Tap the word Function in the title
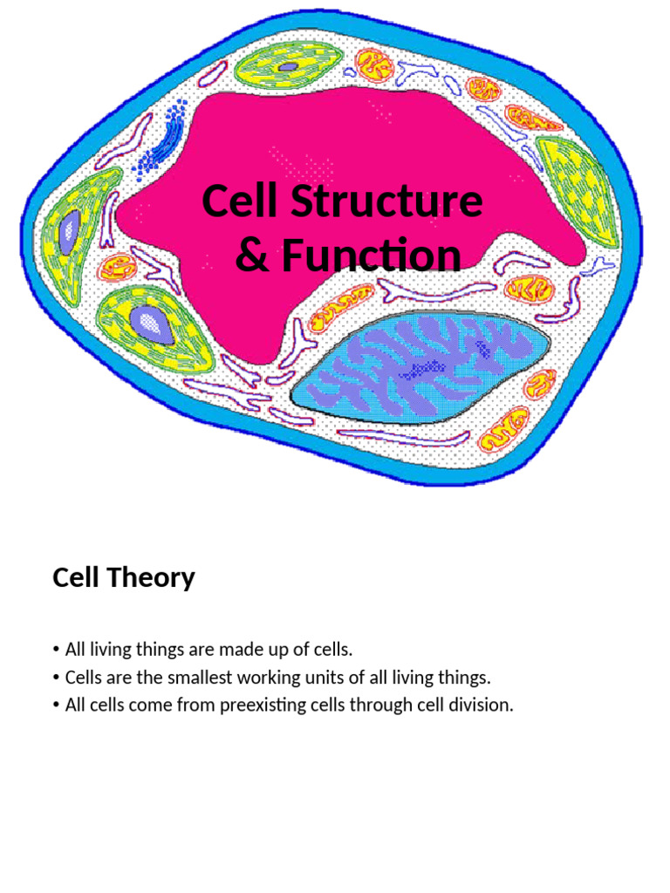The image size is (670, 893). click(x=367, y=256)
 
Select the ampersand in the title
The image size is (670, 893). click(x=252, y=256)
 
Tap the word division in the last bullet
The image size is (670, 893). click(x=483, y=706)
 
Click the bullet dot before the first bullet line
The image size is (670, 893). click(x=56, y=651)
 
